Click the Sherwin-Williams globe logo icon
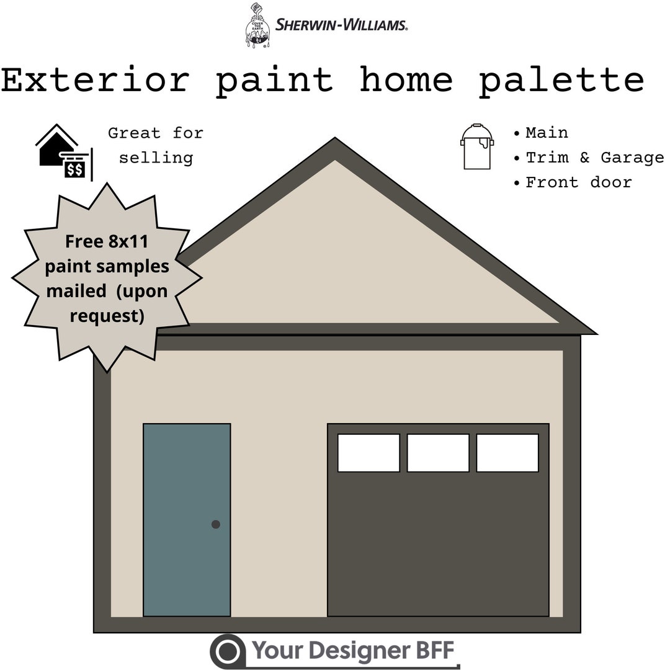[257, 25]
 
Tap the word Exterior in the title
[94, 80]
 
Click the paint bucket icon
[477, 146]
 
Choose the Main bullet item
[547, 133]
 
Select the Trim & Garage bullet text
[594, 158]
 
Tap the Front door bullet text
[578, 182]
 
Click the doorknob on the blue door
[216, 524]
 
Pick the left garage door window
[368, 453]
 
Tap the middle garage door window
[438, 453]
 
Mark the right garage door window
[507, 453]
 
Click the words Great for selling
[156, 145]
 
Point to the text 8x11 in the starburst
[128, 241]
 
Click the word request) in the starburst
[107, 316]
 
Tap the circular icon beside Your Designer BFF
[228, 651]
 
